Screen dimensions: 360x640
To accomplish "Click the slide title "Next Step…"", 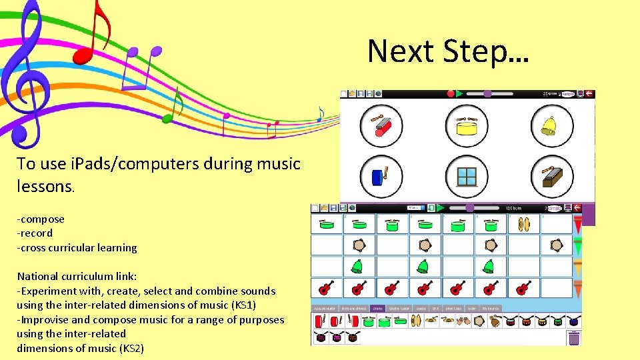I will [447, 52].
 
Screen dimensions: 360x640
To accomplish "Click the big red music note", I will [93, 33].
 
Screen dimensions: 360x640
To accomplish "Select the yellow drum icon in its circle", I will [467, 126].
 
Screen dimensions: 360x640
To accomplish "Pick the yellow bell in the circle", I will [551, 126].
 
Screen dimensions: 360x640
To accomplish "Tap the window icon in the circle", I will [467, 177].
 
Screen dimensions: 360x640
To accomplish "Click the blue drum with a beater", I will [381, 177].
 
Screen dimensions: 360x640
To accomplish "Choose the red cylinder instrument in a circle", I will [381, 126].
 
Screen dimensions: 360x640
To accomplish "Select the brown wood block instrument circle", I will [551, 177].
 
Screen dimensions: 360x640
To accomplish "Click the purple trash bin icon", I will [573, 338].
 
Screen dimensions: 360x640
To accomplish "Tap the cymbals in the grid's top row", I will [523, 225].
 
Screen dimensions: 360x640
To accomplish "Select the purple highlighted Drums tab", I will [378, 309].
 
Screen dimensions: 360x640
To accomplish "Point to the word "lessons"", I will [45, 187].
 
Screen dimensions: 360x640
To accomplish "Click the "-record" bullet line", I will [35, 233].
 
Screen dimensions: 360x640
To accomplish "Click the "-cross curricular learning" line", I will [77, 248].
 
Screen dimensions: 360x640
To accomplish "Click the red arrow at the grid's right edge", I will [577, 225].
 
